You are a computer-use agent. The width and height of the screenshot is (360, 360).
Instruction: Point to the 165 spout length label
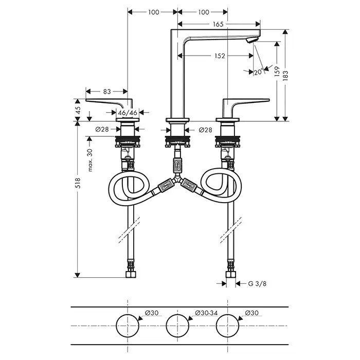click(218, 24)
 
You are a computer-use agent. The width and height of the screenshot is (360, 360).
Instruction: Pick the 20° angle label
click(258, 73)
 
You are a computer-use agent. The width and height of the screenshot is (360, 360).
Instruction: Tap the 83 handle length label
click(107, 92)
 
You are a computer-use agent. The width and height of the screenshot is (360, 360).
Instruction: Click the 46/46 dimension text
click(128, 112)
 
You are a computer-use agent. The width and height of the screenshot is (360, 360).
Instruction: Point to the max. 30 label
click(90, 160)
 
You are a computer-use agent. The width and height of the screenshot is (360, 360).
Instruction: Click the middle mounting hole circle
click(178, 326)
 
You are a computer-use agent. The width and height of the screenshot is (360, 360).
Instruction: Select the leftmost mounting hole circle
click(128, 326)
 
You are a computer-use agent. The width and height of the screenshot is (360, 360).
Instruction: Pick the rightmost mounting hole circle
click(228, 326)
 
